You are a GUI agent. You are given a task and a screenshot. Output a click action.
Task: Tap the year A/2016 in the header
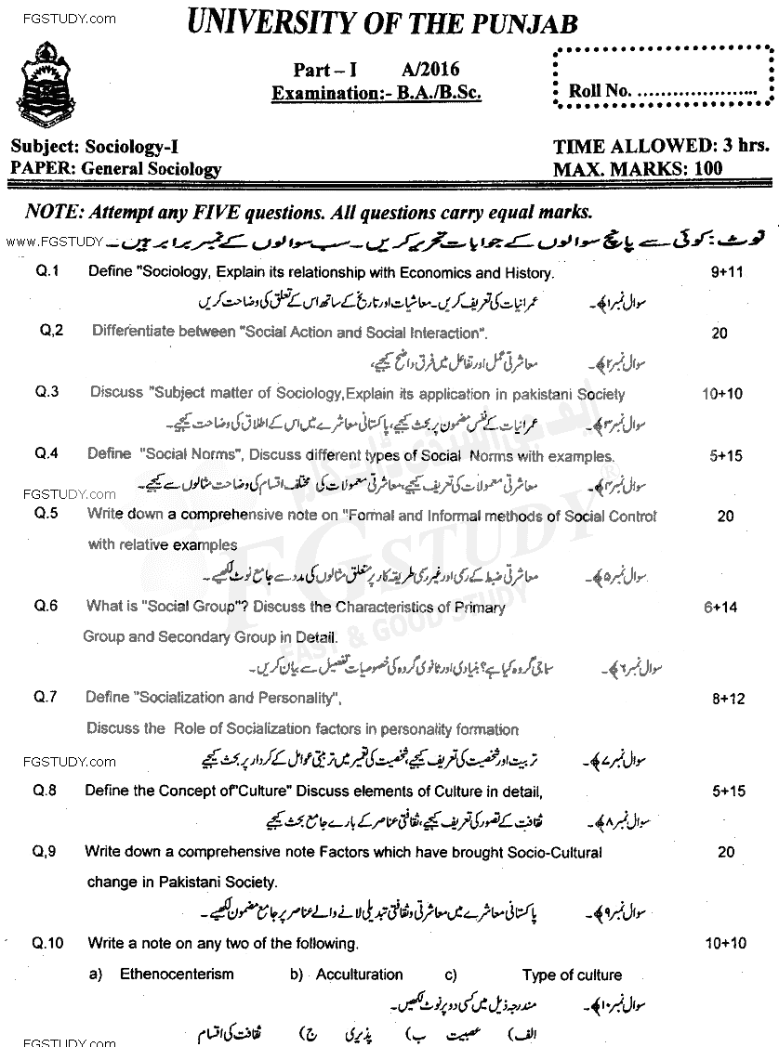tap(431, 69)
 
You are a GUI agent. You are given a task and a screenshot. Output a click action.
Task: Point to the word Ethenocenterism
tap(177, 975)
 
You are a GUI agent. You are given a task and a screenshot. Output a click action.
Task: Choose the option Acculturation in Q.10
tap(359, 975)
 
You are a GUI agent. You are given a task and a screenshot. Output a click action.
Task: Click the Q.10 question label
tap(47, 944)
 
